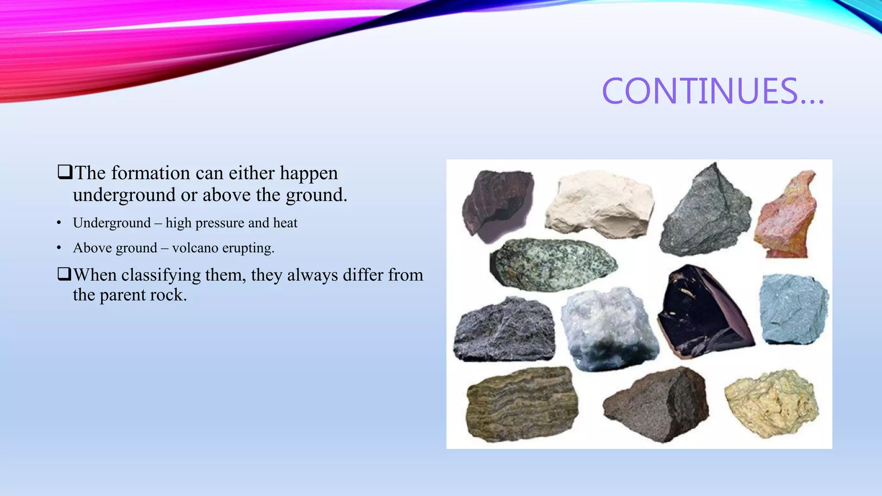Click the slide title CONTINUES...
tap(713, 91)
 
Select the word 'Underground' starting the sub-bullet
tap(112, 223)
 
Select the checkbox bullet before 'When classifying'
tap(64, 274)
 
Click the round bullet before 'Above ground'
tap(59, 248)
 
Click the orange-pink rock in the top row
tap(786, 215)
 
